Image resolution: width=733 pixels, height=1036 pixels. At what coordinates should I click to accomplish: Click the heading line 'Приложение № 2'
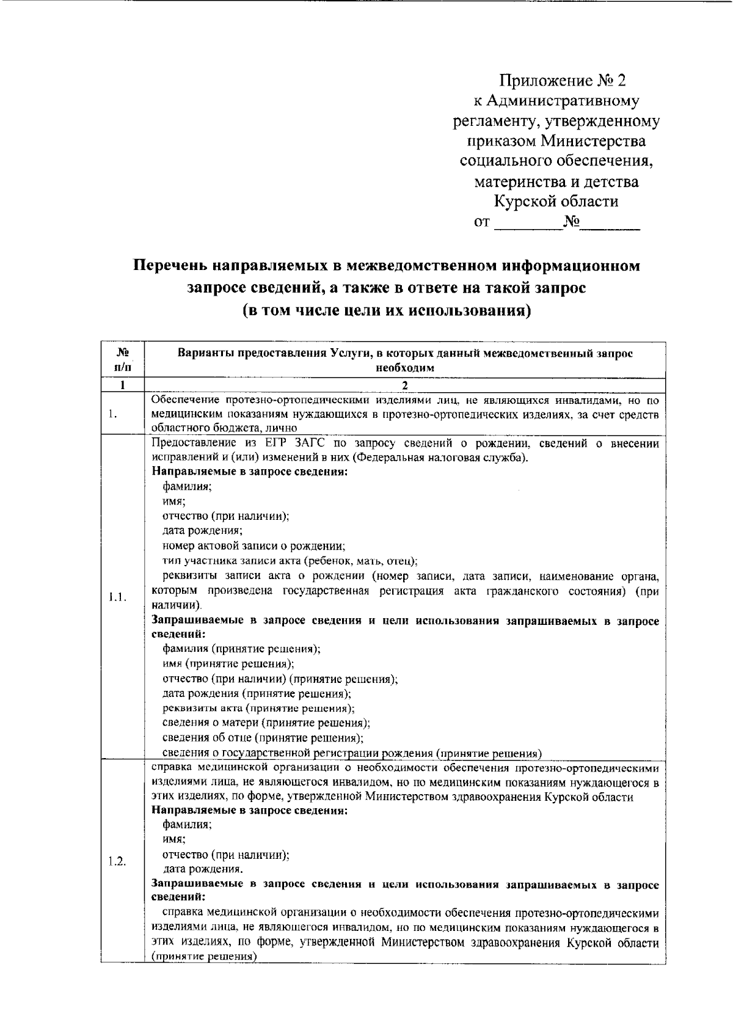[x=563, y=81]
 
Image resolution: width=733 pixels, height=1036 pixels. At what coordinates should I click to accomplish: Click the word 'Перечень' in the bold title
[x=169, y=266]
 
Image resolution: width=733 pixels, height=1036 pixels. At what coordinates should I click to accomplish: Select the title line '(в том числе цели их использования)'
[x=386, y=310]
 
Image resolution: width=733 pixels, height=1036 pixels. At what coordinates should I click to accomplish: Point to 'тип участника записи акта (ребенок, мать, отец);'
[x=290, y=561]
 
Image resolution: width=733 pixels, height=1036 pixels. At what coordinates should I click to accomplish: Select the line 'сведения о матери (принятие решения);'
[x=266, y=723]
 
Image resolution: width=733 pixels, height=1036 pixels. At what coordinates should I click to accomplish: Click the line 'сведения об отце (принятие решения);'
[x=263, y=737]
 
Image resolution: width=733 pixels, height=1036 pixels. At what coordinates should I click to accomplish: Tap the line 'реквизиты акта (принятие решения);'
[x=258, y=708]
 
